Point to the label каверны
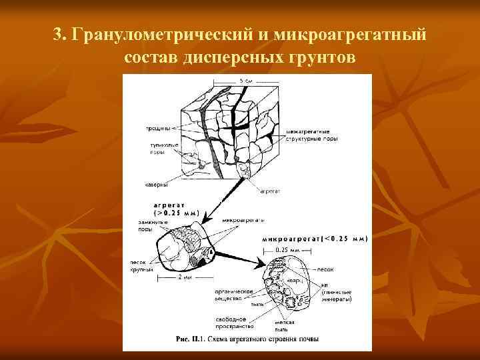(155, 185)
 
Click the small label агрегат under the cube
(270, 190)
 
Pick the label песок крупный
(142, 267)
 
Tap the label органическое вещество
(231, 295)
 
